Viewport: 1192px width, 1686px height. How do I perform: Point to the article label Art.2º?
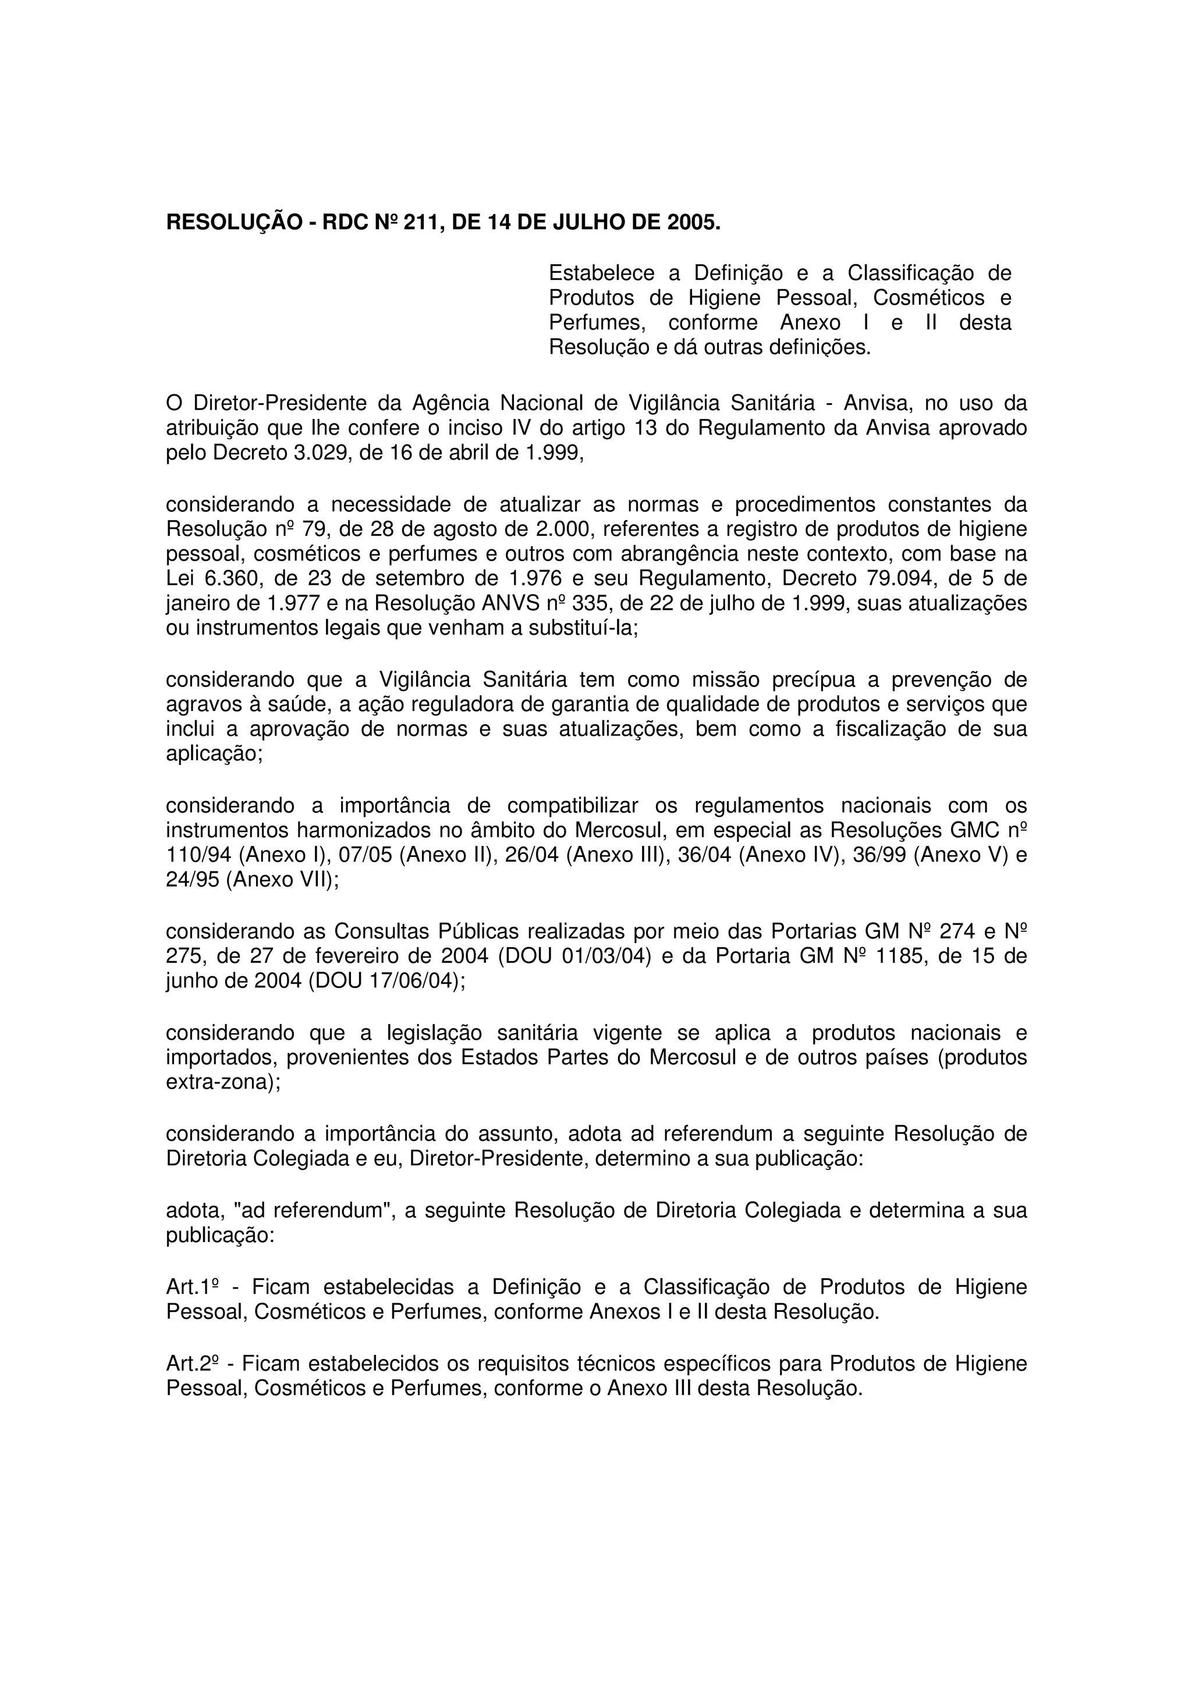pos(193,1364)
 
